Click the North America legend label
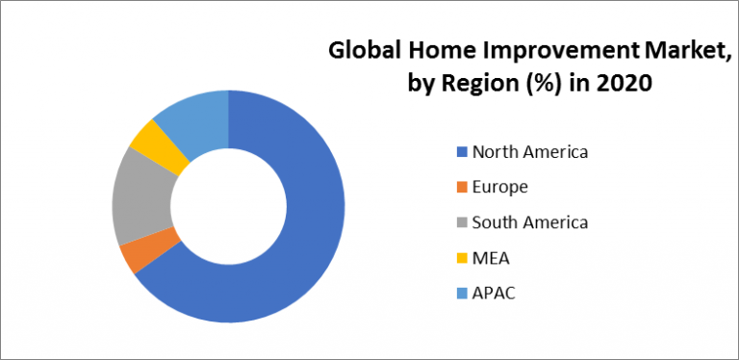(530, 151)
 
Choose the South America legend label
(530, 222)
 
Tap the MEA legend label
(491, 257)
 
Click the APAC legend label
(494, 293)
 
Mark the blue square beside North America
(461, 151)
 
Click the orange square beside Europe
(461, 187)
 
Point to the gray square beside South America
(461, 222)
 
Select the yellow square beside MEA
(461, 258)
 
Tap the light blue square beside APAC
(461, 294)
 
